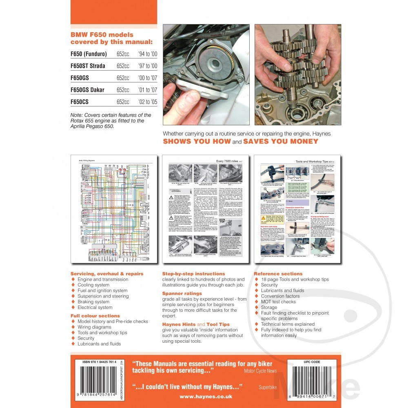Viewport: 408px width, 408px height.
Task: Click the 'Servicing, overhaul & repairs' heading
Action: (x=107, y=273)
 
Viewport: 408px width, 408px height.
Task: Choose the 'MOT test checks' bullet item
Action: (x=278, y=302)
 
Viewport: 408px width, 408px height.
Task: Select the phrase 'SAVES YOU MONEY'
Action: (x=280, y=142)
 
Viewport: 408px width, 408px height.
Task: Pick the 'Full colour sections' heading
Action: (x=95, y=316)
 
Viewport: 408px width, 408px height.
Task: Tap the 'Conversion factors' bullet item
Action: (x=280, y=296)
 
